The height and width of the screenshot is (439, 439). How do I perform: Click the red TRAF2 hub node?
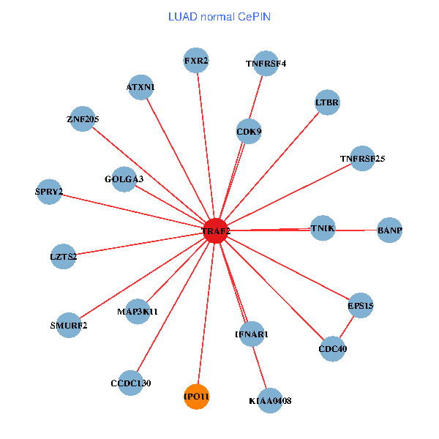pyautogui.click(x=216, y=230)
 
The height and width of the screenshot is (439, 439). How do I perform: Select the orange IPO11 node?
pyautogui.click(x=196, y=397)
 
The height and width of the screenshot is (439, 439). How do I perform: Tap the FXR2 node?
pyautogui.click(x=196, y=61)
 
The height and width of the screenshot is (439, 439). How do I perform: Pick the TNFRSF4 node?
pyautogui.click(x=266, y=64)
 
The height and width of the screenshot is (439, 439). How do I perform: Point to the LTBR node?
pyautogui.click(x=327, y=102)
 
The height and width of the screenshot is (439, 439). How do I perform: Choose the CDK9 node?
pyautogui.click(x=249, y=132)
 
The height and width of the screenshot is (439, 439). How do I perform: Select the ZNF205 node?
pyautogui.click(x=83, y=119)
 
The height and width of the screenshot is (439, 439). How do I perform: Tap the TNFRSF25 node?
pyautogui.click(x=362, y=158)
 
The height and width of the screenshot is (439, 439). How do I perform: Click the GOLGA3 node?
pyautogui.click(x=124, y=179)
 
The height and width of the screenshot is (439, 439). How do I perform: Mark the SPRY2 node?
pyautogui.click(x=49, y=192)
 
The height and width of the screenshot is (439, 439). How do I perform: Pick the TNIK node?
pyautogui.click(x=323, y=228)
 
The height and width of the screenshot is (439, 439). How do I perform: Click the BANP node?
pyautogui.click(x=389, y=230)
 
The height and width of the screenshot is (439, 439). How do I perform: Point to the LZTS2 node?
pyautogui.click(x=64, y=256)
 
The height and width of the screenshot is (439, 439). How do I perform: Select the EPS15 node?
pyautogui.click(x=361, y=305)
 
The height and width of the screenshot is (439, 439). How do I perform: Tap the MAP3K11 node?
pyautogui.click(x=138, y=311)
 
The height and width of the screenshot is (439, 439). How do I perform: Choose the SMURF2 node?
pyautogui.click(x=69, y=325)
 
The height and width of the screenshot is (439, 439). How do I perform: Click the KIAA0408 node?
pyautogui.click(x=270, y=400)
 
